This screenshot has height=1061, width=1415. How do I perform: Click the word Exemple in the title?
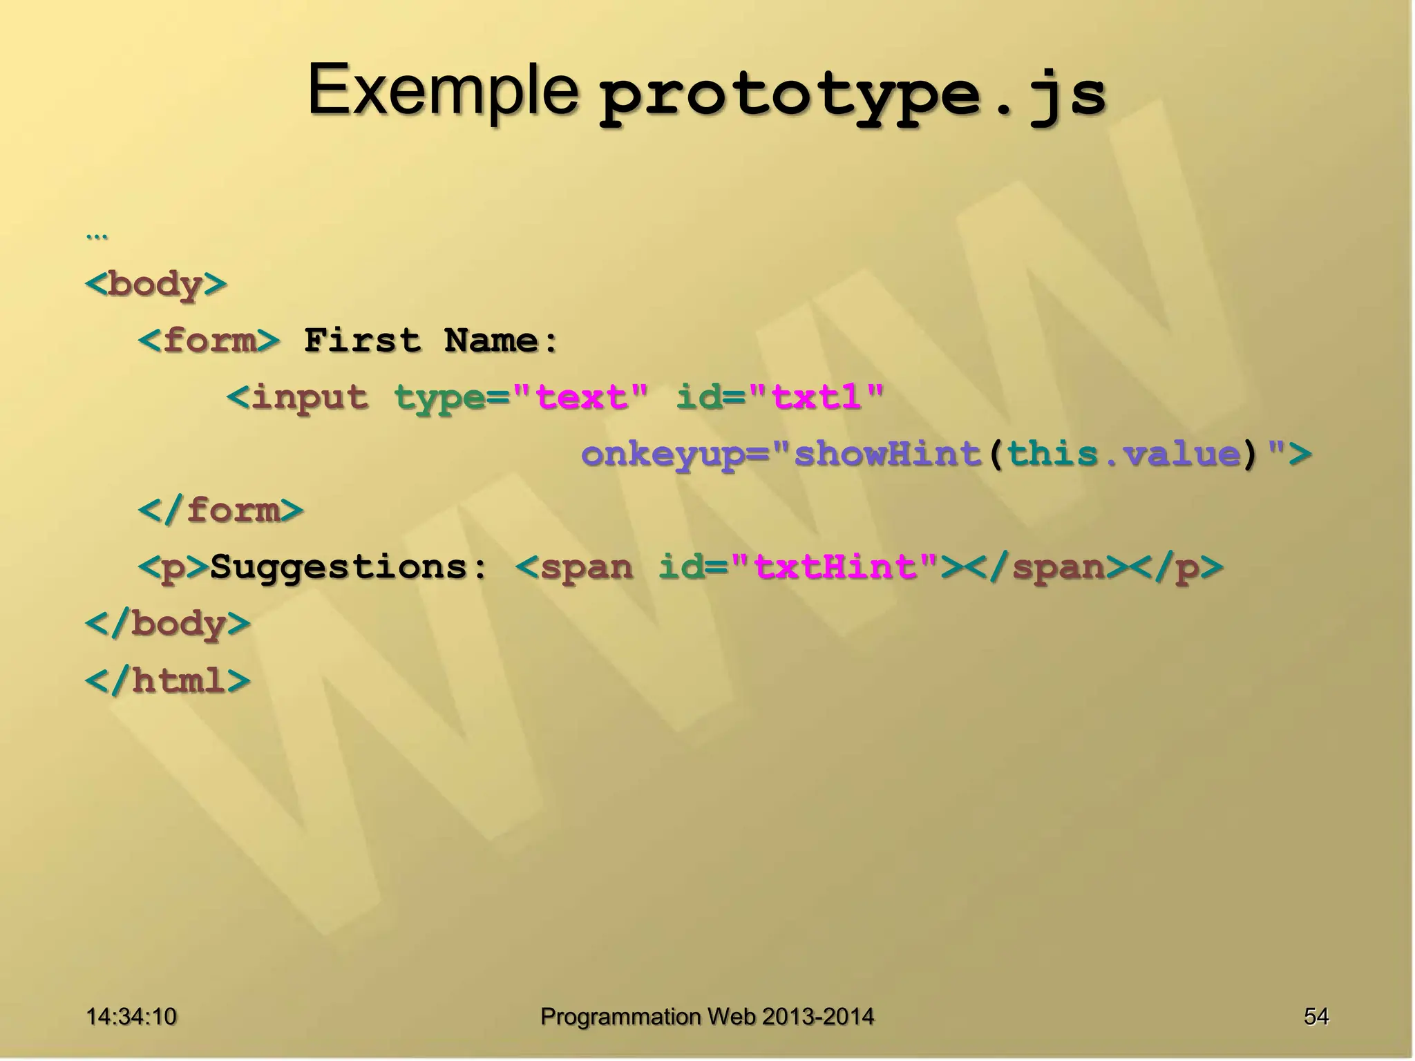point(443,90)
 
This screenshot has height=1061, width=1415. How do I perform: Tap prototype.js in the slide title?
point(852,97)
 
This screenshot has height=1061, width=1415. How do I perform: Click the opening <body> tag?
point(156,284)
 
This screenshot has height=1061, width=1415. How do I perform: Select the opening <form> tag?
point(209,341)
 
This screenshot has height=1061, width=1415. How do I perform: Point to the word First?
point(362,341)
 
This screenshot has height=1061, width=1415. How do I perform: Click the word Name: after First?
point(501,341)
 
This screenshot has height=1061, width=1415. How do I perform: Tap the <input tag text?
point(298,397)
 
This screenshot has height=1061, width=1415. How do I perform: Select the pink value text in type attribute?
point(581,397)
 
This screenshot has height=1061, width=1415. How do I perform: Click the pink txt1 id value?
point(816,397)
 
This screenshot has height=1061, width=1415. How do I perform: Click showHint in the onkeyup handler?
point(888,454)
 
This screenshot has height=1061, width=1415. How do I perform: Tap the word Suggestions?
point(349,567)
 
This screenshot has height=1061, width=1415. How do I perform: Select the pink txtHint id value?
point(835,567)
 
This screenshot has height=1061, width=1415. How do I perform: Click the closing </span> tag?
point(1047,567)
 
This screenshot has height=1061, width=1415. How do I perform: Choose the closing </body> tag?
point(168,624)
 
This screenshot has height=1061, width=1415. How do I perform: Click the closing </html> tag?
point(168,680)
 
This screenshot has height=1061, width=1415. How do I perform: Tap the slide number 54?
point(1316,1016)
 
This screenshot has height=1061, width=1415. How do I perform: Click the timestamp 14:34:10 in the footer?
point(131,1016)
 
